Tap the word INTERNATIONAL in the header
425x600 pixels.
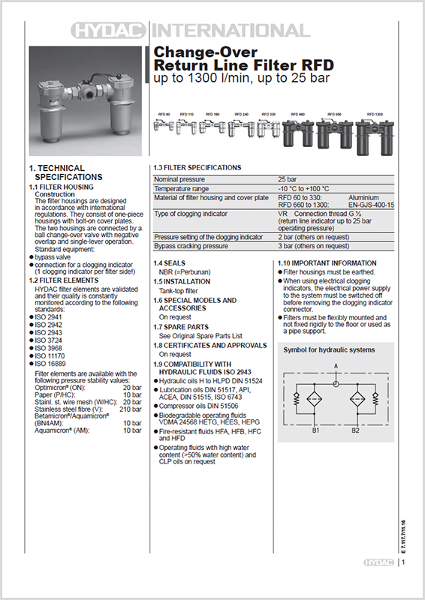point(230,31)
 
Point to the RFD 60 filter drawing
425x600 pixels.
point(164,128)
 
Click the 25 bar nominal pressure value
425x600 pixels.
point(286,180)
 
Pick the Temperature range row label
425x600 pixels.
point(181,188)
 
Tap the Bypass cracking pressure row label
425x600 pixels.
point(191,245)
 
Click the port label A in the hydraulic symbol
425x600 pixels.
point(336,366)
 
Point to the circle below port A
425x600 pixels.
point(336,379)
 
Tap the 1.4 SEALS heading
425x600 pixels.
point(169,263)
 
